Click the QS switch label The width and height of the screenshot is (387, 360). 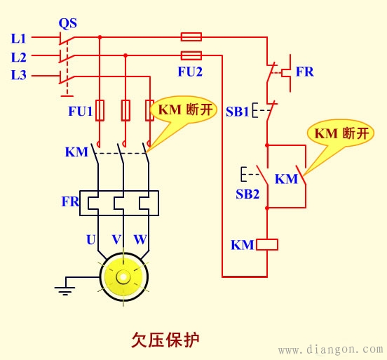(67, 23)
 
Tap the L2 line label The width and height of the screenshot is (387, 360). (19, 56)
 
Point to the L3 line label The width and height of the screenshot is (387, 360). (19, 74)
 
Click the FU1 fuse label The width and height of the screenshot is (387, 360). (79, 111)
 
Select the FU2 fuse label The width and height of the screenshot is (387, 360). (191, 71)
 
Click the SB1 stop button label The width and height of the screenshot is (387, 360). (237, 111)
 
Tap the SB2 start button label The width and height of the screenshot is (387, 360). (247, 193)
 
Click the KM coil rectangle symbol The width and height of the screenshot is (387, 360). (267, 245)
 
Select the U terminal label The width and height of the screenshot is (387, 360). (90, 240)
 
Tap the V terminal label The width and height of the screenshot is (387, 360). (116, 240)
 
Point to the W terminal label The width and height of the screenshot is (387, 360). (140, 240)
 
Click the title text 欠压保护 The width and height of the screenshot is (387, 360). (165, 340)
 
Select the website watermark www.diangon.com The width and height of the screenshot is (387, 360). (330, 349)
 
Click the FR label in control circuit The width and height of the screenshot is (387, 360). (304, 72)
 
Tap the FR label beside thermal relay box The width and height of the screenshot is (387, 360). (70, 201)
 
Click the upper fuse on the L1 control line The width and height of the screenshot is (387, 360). (191, 36)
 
